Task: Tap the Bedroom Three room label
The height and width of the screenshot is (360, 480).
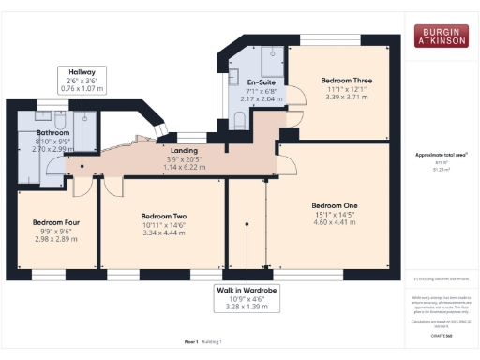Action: [x=347, y=82]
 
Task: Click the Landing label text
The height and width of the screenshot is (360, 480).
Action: [x=183, y=150]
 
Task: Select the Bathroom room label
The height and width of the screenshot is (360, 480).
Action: [x=55, y=133]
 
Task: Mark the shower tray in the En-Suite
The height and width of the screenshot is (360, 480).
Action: [x=273, y=64]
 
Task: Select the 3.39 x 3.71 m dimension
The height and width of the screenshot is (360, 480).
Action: [x=347, y=96]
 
